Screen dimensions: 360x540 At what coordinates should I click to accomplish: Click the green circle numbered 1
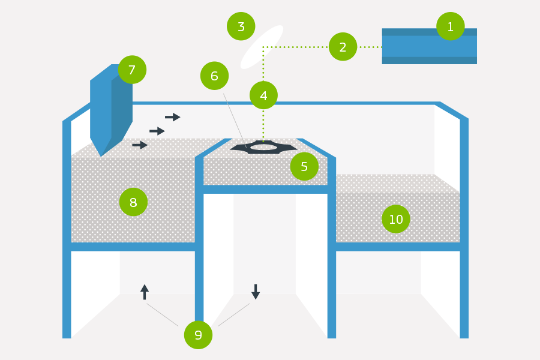pos(450,26)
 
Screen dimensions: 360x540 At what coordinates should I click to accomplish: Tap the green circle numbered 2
pos(343,47)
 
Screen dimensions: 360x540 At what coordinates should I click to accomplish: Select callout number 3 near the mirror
pos(241,26)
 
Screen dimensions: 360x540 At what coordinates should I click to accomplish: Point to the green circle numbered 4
pos(263,95)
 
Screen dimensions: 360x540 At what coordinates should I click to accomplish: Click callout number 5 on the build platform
pos(304,166)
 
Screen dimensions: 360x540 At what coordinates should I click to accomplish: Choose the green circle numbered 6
pos(214,76)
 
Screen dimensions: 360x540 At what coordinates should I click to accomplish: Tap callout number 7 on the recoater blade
pos(132,70)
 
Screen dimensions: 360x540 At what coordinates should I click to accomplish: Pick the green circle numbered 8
pos(133,202)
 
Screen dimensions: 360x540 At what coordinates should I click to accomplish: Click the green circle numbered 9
pos(198,335)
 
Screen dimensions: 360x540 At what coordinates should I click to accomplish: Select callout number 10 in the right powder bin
pos(396,219)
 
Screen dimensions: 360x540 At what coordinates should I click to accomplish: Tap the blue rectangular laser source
pos(429,46)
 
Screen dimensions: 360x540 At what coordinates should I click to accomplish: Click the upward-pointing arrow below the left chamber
pos(145,292)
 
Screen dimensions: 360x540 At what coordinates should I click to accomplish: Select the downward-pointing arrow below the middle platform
pos(256,292)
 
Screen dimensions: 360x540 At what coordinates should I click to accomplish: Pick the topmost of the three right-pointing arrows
pos(173,117)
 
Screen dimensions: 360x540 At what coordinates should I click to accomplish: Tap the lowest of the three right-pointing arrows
pos(140,145)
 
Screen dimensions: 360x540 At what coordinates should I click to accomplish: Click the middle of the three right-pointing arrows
pos(157,131)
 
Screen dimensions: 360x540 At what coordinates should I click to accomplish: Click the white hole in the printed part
pos(263,147)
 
